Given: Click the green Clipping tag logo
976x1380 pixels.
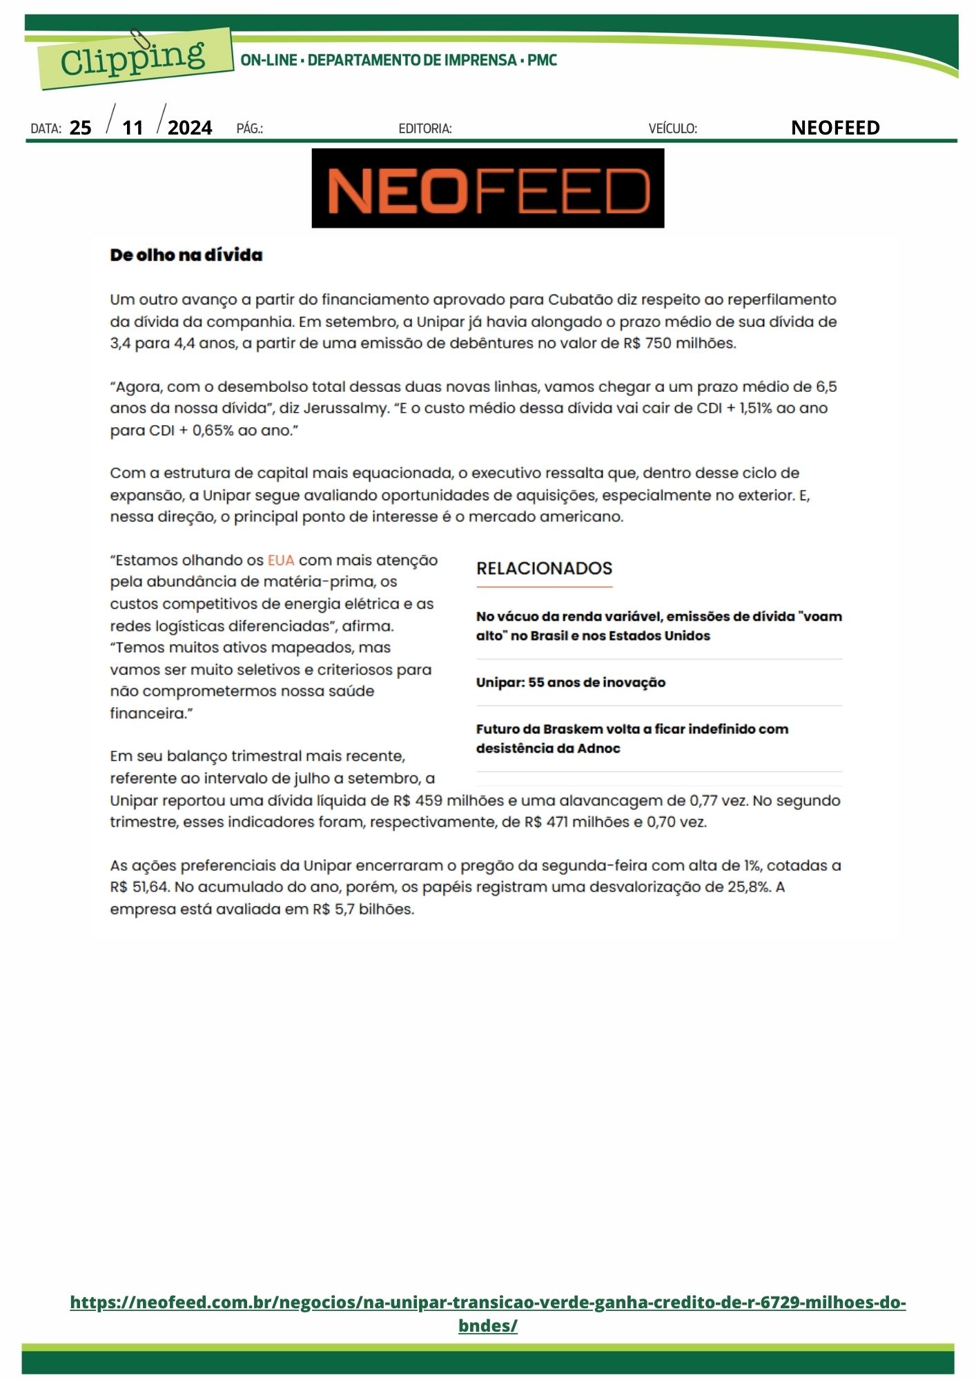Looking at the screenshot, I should coord(135,59).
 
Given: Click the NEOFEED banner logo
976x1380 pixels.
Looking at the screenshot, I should coord(487,188).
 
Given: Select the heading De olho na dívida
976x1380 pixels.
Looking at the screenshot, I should coord(186,255).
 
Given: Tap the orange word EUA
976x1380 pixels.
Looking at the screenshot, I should coord(281,560).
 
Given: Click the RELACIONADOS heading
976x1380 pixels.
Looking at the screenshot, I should coord(544,569).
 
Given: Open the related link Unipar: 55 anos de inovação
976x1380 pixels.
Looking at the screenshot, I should coord(570,682).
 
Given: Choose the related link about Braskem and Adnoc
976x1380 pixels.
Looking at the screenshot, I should coord(632,738).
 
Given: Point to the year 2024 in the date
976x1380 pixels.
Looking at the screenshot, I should coord(190,128).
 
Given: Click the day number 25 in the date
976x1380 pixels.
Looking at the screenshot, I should coord(81,128).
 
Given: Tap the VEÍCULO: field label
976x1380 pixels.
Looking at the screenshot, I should coord(672,128).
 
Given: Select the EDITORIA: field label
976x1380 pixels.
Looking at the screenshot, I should coord(425,128).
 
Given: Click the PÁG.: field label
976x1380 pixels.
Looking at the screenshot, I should coord(250,128).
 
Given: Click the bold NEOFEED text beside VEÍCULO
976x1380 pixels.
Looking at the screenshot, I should coord(835,128).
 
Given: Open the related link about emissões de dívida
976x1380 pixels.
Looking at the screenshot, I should coord(658,626).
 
